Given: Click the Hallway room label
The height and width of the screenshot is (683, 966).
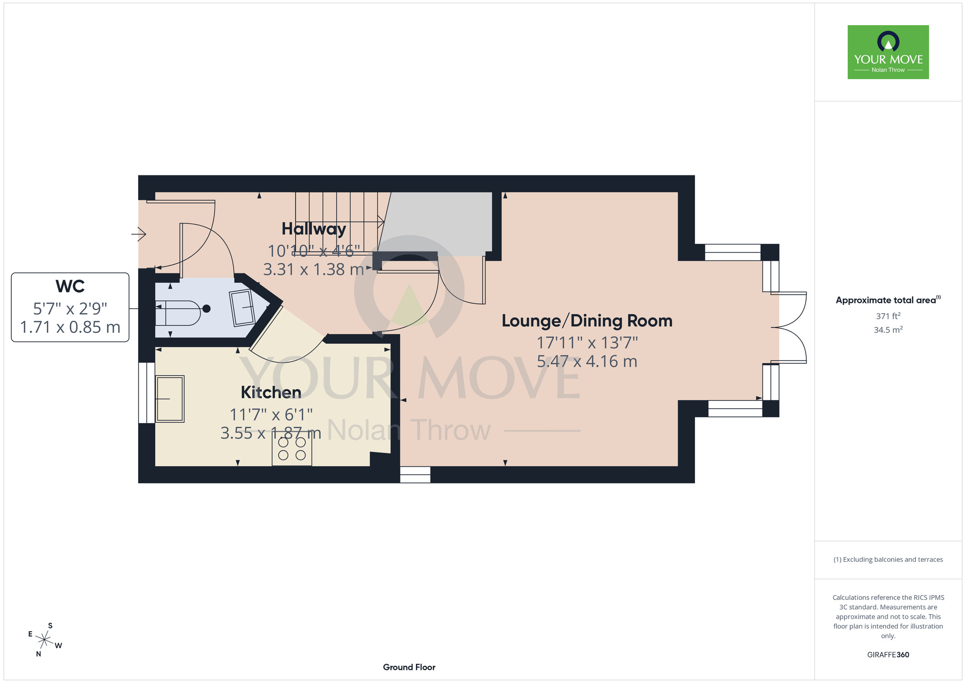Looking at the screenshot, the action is coord(314,229).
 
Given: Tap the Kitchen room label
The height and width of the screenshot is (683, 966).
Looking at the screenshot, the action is coord(271,392).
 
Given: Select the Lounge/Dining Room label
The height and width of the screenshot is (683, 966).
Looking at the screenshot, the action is coord(587,321).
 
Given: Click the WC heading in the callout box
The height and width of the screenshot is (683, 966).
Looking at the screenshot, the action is coord(70,286).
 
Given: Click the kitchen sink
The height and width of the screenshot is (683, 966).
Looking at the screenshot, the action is coord(170,399).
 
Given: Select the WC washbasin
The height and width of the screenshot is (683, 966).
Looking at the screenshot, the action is coord(243,308).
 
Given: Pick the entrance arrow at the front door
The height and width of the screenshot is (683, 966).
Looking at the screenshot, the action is coord(139,234).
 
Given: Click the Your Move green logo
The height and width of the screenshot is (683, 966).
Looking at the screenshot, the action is coord(888,52).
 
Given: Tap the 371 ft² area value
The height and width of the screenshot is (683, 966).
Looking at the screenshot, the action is coord(888,316).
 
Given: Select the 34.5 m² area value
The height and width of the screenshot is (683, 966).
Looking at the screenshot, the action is coord(888,330).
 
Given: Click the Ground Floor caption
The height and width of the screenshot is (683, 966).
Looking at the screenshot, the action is coord(409,667).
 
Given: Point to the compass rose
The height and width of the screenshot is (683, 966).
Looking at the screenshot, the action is coord(44,640).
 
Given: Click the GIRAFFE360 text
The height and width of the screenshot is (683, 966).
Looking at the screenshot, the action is coord(888,655).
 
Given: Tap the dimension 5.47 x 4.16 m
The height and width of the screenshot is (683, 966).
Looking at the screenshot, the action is coord(587,361).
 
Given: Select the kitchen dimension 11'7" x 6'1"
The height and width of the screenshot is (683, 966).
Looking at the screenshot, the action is coord(271,414).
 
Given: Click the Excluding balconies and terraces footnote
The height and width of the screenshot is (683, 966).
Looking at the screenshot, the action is coord(888,559).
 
